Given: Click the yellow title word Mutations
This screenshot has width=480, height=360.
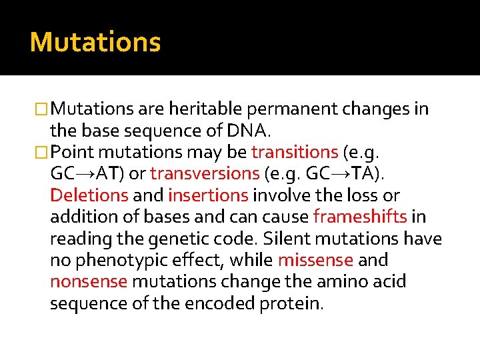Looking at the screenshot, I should [x=95, y=42].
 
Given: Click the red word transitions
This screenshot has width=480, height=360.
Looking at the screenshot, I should [x=295, y=152].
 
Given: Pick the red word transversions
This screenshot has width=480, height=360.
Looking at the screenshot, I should [x=205, y=174].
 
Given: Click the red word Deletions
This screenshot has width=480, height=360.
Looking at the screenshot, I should [x=89, y=195].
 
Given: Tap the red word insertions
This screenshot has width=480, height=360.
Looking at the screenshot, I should [x=208, y=195].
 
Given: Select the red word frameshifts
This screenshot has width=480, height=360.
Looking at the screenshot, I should [x=360, y=217].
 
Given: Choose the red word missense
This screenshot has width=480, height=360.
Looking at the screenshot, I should [x=315, y=261].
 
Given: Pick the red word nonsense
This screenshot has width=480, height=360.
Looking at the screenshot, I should [x=89, y=282].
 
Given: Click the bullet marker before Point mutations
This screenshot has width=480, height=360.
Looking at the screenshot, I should [x=43, y=153].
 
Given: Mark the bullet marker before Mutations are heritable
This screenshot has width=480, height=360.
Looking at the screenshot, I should [x=43, y=109].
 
